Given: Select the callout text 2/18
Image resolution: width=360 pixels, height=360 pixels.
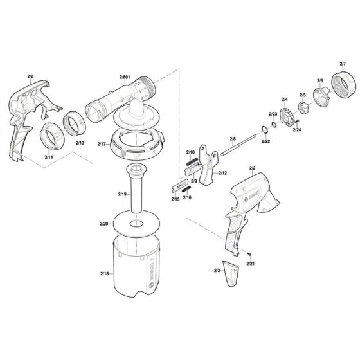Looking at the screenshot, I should point(104,274).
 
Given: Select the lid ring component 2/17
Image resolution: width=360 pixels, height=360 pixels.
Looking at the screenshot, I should point(139,146).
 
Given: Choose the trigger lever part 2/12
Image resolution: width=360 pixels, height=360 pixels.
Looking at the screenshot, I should point(206,168).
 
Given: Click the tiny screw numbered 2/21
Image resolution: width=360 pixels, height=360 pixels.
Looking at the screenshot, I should point(248,256).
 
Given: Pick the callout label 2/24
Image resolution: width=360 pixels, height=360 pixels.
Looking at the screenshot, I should point(296,130).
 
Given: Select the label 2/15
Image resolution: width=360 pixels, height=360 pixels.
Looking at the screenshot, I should point(175,199).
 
